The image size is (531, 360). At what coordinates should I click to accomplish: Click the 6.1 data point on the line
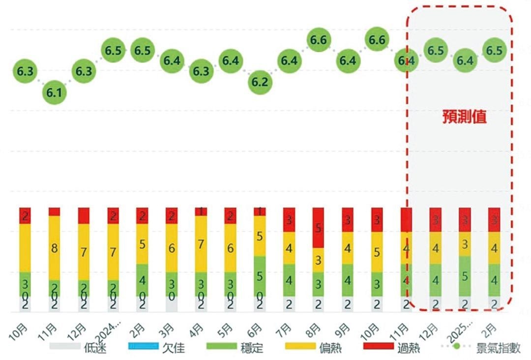[54, 92]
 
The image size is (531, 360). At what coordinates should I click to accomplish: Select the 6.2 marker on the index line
[259, 82]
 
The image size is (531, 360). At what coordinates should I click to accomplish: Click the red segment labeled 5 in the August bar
[318, 228]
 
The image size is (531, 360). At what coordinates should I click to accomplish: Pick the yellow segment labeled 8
[55, 248]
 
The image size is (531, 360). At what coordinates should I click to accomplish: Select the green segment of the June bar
[259, 276]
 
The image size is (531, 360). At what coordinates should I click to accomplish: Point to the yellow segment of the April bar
[201, 244]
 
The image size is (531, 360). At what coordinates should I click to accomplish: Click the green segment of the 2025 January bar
[465, 276]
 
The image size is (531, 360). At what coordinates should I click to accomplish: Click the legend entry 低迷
[79, 348]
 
